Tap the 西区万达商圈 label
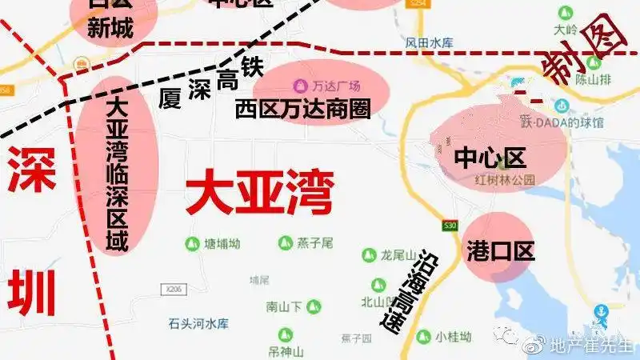[303, 109]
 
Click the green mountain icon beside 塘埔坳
[192, 243]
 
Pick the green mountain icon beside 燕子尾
[286, 242]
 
